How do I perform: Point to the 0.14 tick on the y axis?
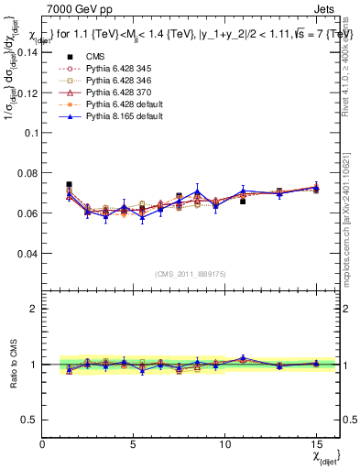coord(27,52)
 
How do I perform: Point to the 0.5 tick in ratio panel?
coord(30,420)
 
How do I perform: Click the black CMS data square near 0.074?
coord(69,185)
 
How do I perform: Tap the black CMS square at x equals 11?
coord(243,201)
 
